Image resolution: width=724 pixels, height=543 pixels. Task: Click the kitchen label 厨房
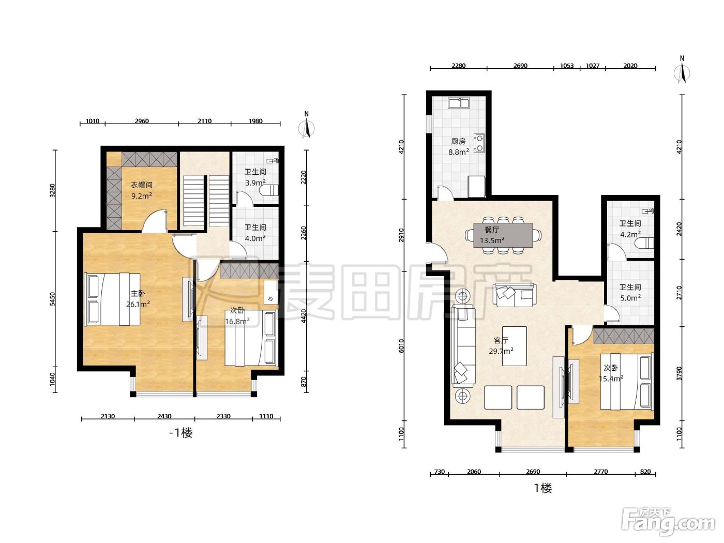tap(458, 141)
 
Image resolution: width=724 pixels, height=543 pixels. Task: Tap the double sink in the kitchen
tap(459, 103)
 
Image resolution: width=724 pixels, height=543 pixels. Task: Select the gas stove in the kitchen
tap(479, 143)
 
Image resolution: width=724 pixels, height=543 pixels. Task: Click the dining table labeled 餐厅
tap(503, 235)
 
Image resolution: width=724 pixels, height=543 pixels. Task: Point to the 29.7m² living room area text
tap(501, 351)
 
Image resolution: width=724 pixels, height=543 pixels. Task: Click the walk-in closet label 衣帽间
tap(142, 185)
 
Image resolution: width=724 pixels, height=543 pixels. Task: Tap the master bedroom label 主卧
tap(138, 293)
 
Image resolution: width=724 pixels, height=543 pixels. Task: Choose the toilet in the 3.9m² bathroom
tap(269, 190)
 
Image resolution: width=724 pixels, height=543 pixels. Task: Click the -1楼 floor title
tap(181, 433)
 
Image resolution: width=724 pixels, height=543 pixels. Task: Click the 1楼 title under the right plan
tap(543, 488)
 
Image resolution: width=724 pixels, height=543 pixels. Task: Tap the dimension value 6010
tap(401, 346)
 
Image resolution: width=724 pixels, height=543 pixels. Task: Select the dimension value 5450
tap(53, 299)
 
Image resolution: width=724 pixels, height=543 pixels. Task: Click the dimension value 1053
tap(567, 66)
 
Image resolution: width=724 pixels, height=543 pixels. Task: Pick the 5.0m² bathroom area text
tap(630, 298)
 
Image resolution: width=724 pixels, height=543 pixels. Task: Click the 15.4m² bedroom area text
tap(611, 379)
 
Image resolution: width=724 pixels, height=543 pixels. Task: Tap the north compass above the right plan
tap(682, 70)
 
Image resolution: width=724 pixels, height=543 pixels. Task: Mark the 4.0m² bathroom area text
tap(255, 238)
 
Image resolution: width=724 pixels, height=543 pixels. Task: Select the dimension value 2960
tap(142, 121)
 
